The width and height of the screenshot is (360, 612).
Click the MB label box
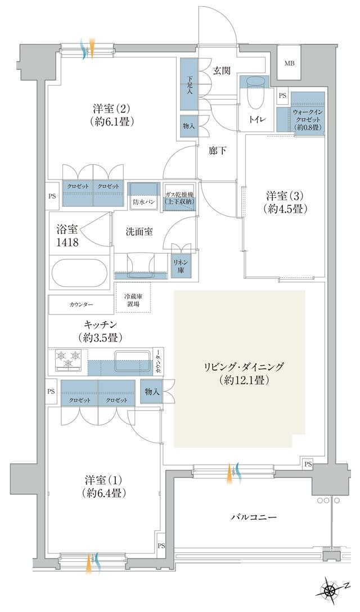tap(289, 62)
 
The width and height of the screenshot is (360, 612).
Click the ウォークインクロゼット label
tap(307, 120)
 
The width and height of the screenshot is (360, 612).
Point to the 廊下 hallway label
tap(217, 151)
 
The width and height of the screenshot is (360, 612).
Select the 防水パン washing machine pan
tap(143, 195)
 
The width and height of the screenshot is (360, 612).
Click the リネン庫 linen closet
tap(181, 266)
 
